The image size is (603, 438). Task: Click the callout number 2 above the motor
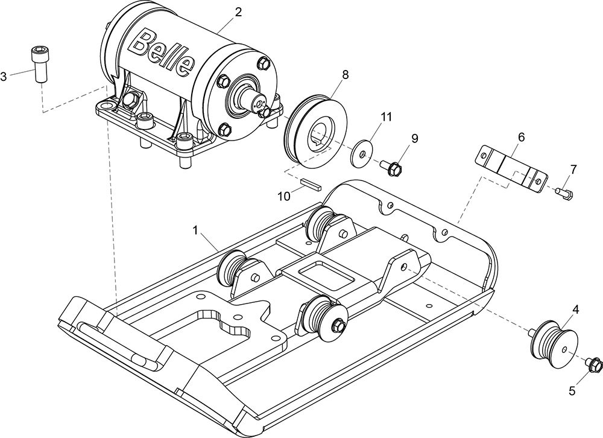(238, 12)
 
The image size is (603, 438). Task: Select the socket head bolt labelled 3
(39, 65)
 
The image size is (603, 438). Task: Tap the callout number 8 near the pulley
(346, 75)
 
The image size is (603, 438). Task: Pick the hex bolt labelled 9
(391, 168)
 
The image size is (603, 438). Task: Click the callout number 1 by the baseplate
(195, 230)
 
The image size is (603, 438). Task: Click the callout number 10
(284, 196)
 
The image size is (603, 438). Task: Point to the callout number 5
(572, 391)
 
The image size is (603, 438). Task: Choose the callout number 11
(386, 116)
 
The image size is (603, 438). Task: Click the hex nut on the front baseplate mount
(339, 325)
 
